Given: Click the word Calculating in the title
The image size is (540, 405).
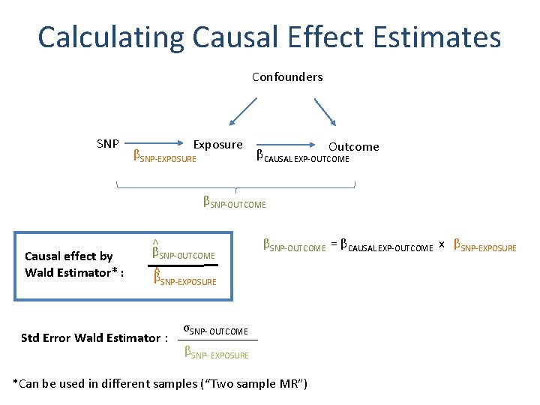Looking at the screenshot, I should (x=111, y=37).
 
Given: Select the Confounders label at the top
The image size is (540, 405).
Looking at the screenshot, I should (x=287, y=77).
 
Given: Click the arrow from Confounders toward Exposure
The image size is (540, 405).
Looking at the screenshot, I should (x=244, y=112).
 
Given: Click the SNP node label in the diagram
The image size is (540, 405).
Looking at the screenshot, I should (x=108, y=143).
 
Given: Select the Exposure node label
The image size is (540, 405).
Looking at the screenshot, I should (x=218, y=144).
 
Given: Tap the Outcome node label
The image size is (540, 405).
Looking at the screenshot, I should (x=354, y=146).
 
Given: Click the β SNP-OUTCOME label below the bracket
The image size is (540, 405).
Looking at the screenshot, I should (x=234, y=202).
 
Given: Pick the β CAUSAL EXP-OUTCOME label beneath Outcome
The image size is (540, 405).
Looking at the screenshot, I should (x=303, y=157).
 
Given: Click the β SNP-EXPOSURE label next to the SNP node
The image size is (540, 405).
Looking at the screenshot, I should (x=164, y=157).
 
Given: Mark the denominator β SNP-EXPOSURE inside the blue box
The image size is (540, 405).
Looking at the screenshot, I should (x=184, y=280).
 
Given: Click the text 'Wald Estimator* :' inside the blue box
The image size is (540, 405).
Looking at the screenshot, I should (x=74, y=272).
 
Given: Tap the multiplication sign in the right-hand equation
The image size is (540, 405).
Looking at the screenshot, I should (x=442, y=245).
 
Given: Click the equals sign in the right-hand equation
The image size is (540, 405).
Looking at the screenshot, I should (x=332, y=245).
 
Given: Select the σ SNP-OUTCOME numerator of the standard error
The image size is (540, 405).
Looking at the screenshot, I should (x=215, y=330).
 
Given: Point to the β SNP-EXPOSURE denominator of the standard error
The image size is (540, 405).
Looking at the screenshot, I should (x=216, y=353).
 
